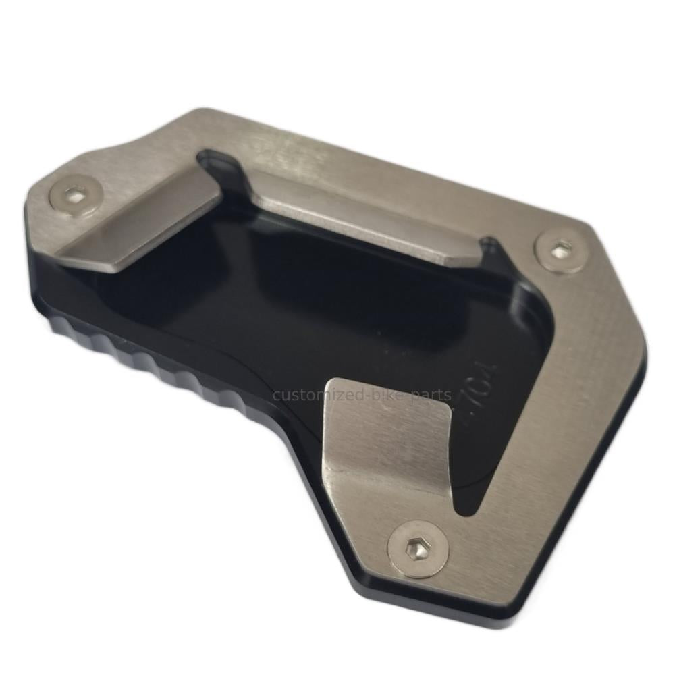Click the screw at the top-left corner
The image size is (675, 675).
(x=76, y=196)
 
